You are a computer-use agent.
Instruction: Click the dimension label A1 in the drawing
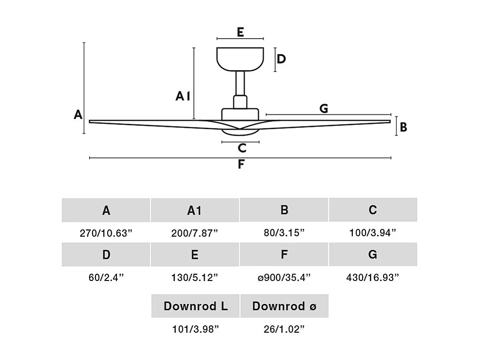click(x=183, y=97)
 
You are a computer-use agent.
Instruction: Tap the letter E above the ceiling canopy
click(x=240, y=33)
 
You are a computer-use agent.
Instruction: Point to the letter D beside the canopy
click(x=281, y=60)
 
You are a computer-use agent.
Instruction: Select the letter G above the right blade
click(x=324, y=109)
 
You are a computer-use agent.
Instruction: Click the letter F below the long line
click(x=241, y=165)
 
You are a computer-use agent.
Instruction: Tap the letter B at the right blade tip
click(x=403, y=127)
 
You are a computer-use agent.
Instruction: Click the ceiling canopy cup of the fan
click(x=240, y=59)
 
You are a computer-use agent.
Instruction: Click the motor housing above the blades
click(x=240, y=114)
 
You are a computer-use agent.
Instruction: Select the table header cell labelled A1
click(x=194, y=210)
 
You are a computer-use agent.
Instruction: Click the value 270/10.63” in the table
click(x=106, y=233)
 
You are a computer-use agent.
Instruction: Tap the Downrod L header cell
click(x=195, y=306)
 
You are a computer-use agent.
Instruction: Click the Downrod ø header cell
click(x=285, y=306)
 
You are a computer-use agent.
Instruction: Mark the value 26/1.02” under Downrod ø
click(x=285, y=329)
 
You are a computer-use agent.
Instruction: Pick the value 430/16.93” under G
click(x=373, y=278)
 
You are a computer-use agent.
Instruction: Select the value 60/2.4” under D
click(x=106, y=278)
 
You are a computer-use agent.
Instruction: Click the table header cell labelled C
click(x=373, y=210)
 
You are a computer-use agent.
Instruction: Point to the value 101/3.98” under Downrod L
click(x=195, y=329)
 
